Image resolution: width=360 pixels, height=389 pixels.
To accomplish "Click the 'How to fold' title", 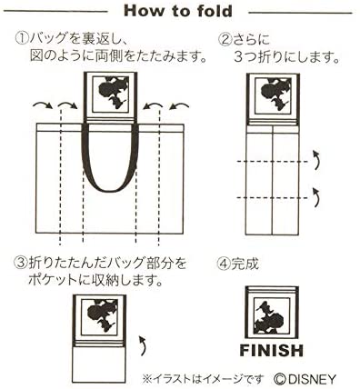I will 179,12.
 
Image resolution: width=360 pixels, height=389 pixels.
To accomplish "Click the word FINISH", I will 272,351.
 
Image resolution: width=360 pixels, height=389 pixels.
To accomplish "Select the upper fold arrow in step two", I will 316,162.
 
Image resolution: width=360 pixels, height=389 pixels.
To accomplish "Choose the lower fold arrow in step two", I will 316,194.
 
